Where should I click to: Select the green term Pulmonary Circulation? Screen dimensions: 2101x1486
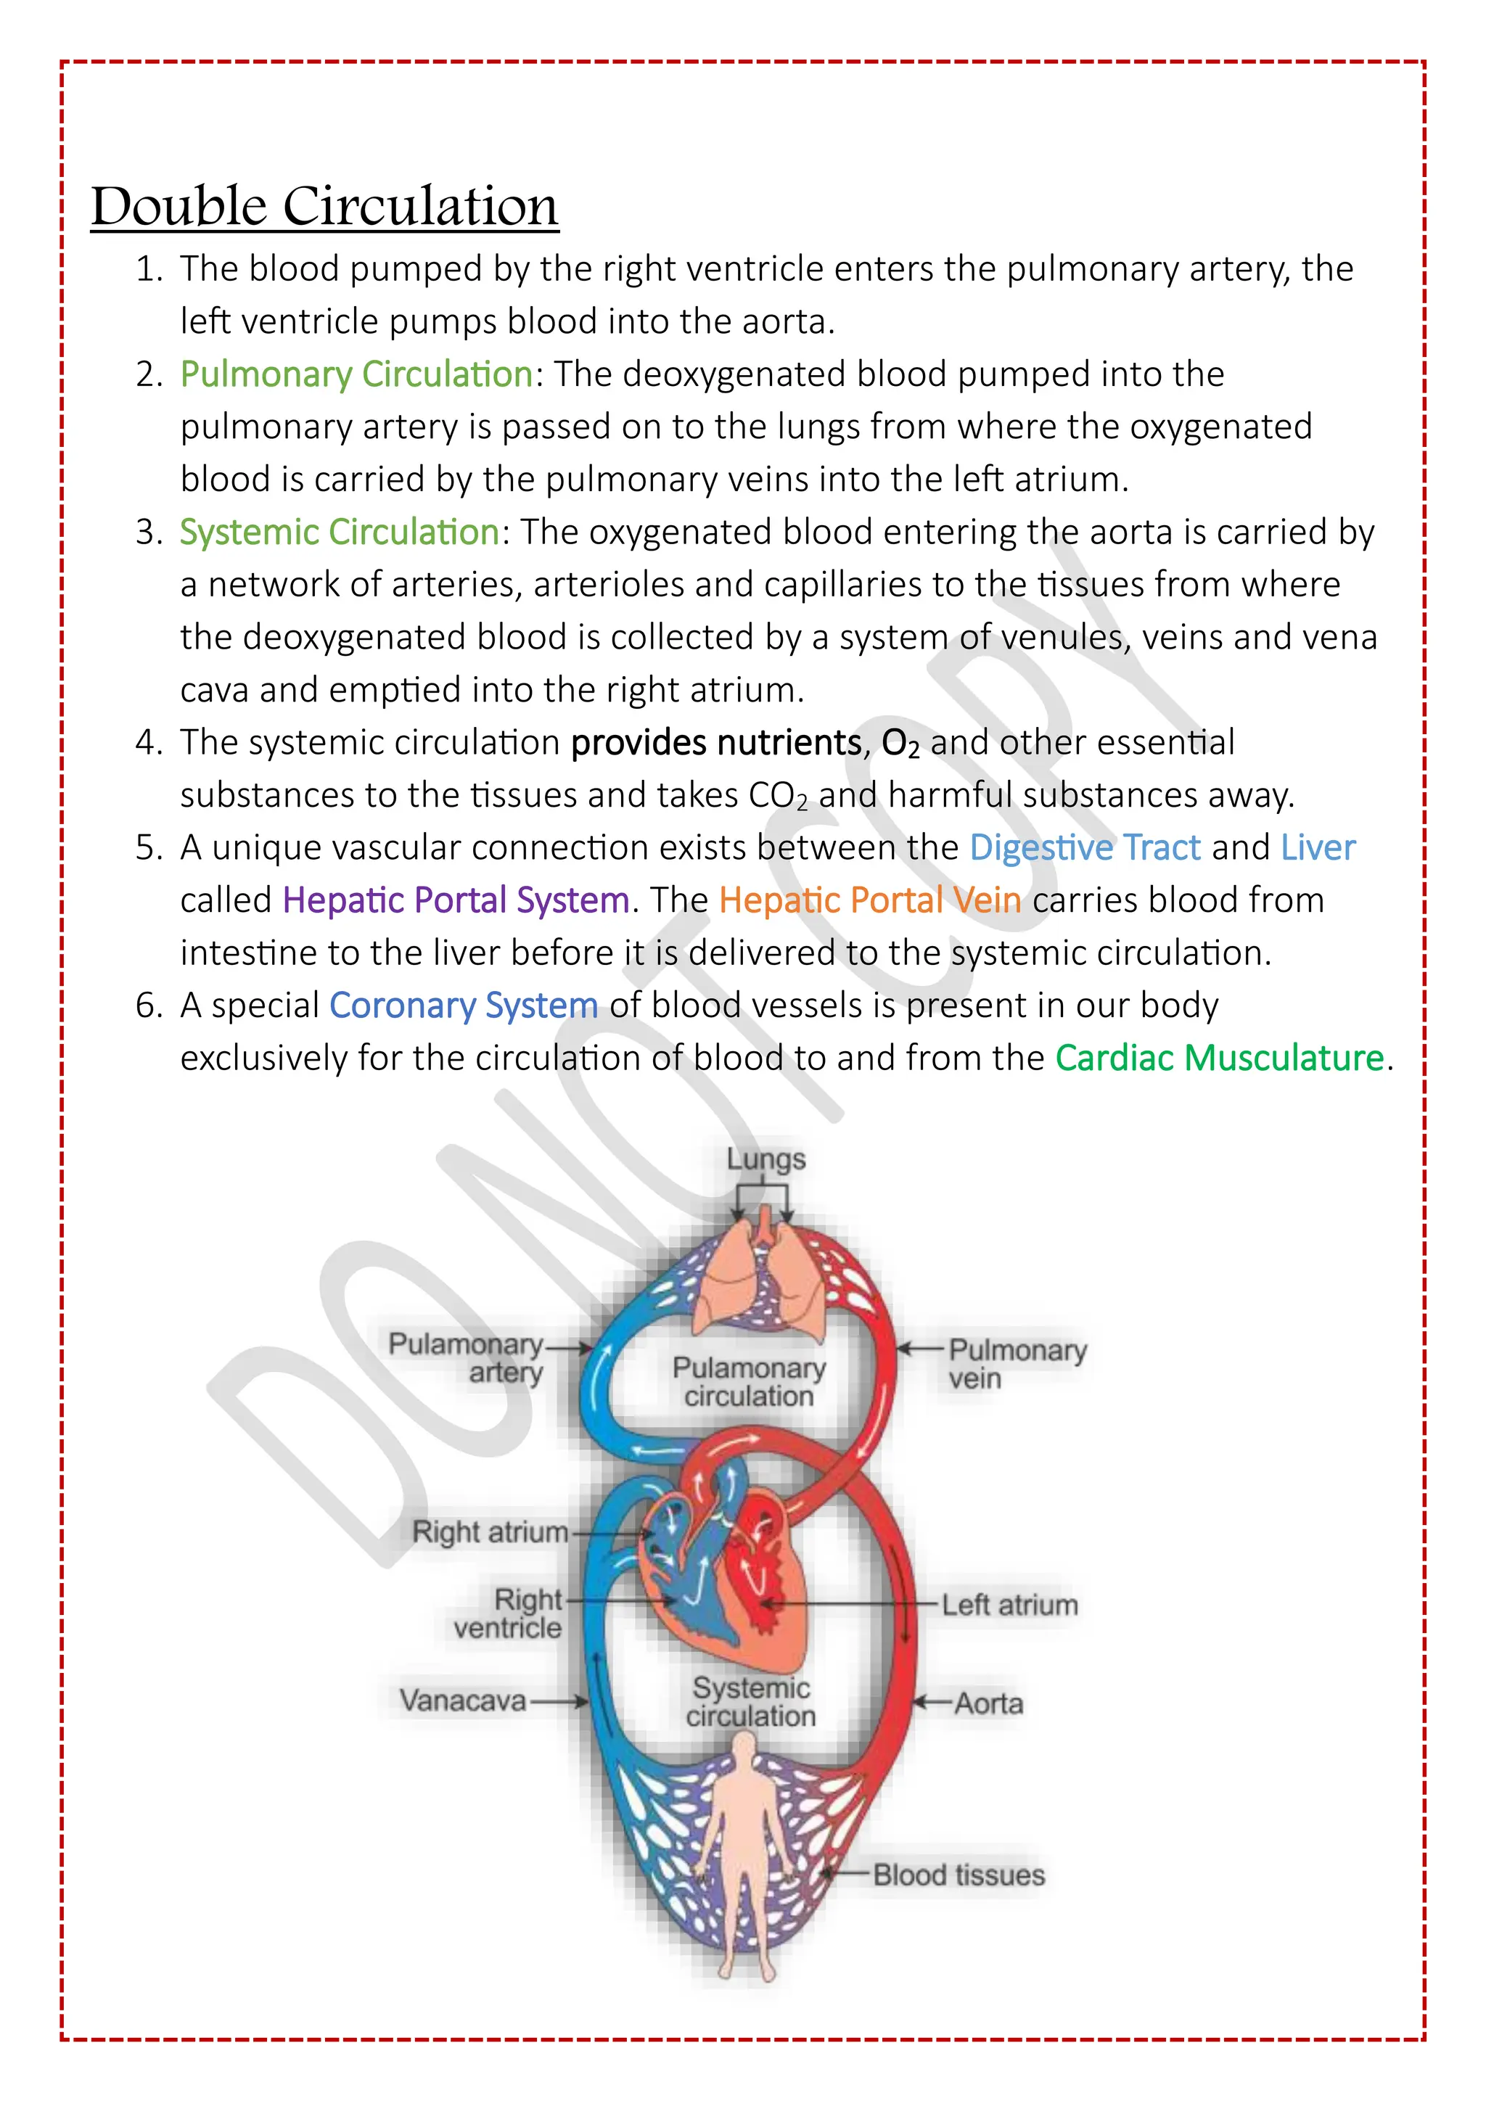(356, 374)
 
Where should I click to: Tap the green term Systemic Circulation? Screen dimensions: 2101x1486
(340, 533)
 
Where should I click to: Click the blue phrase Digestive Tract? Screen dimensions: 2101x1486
(1084, 848)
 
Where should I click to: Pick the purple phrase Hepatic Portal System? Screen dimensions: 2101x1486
(456, 900)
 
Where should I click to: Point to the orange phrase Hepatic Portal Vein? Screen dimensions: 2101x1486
(869, 900)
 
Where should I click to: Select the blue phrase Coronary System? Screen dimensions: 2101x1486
(463, 1006)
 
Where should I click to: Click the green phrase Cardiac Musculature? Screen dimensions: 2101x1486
(1220, 1058)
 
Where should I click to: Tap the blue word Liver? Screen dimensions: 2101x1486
(1318, 848)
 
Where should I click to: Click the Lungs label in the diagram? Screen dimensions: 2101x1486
(766, 1159)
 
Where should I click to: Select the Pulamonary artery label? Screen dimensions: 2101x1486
(466, 1358)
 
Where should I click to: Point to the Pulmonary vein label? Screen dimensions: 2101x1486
(1017, 1363)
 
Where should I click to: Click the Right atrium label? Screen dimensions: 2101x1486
(490, 1531)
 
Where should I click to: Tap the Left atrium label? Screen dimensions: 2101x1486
(1009, 1605)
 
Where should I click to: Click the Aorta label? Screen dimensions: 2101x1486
(988, 1703)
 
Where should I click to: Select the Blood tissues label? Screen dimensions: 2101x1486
(958, 1875)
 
